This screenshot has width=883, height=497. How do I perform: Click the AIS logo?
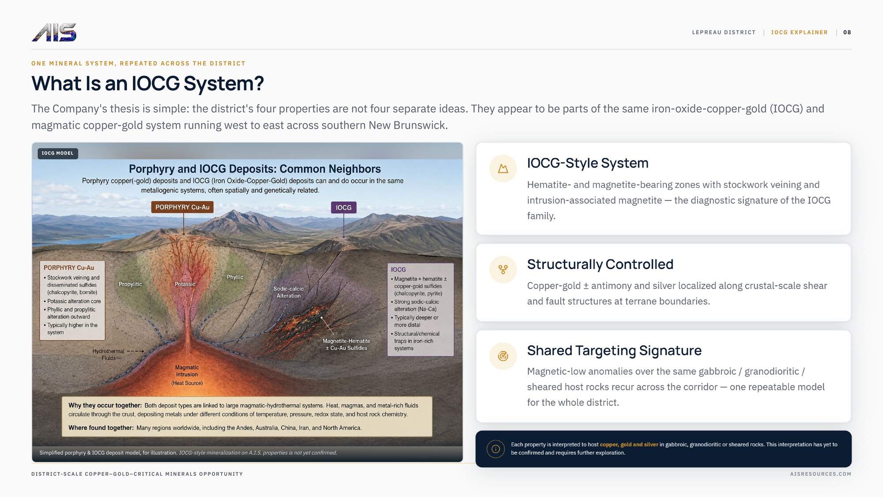click(x=54, y=32)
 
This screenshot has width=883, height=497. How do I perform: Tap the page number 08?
click(x=847, y=32)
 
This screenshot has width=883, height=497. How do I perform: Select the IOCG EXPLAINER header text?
click(x=799, y=32)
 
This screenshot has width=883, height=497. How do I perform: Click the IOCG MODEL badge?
click(x=57, y=153)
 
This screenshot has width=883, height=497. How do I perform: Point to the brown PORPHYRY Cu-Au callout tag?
click(x=182, y=207)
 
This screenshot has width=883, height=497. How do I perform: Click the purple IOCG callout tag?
click(x=343, y=207)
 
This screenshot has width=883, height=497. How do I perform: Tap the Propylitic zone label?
click(x=130, y=284)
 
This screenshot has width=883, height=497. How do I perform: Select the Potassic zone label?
click(x=185, y=284)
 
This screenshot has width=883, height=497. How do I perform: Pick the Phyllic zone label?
click(x=235, y=277)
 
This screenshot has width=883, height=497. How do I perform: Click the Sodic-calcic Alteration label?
click(x=288, y=292)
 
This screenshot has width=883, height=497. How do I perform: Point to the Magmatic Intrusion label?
click(x=187, y=371)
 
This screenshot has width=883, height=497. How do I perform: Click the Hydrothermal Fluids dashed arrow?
click(x=136, y=351)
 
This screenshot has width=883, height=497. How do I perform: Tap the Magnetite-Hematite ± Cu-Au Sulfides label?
click(x=347, y=344)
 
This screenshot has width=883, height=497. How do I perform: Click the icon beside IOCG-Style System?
click(x=503, y=168)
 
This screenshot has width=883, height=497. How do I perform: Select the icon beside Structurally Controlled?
click(x=503, y=269)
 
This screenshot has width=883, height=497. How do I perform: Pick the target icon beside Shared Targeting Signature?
click(x=503, y=356)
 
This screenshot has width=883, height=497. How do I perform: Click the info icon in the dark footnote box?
click(x=495, y=449)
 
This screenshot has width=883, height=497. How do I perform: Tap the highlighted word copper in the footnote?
click(x=609, y=444)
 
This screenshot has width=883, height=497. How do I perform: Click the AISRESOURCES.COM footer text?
click(x=820, y=474)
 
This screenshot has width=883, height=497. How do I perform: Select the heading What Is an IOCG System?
click(x=147, y=83)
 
